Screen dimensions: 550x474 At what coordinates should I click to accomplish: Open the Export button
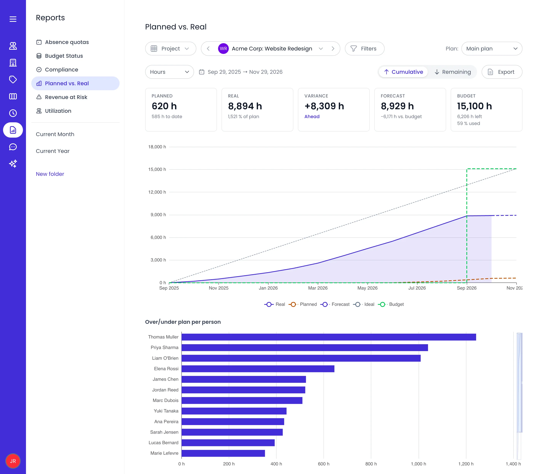coord(502,72)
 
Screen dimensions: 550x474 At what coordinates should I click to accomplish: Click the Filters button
coord(364,49)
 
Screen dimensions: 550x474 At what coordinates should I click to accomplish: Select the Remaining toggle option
coord(453,72)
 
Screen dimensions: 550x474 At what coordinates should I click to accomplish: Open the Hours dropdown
coord(169,72)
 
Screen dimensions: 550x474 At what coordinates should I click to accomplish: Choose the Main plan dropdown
coord(492,49)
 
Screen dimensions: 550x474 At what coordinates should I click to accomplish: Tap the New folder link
coord(50,174)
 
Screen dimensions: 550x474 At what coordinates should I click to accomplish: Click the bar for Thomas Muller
coord(329,337)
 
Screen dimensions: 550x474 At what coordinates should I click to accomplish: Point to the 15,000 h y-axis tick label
coord(157,170)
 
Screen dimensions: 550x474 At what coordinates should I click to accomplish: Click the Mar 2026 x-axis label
coord(318,288)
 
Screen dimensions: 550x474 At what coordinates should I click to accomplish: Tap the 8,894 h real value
coord(245,106)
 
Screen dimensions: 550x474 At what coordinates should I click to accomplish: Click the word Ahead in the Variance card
coord(312,117)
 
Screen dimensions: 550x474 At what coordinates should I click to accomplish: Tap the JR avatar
coord(13,461)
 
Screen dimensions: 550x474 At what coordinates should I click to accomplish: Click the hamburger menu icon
coord(13,19)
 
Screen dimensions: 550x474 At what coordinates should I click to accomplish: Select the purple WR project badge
coord(223,49)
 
